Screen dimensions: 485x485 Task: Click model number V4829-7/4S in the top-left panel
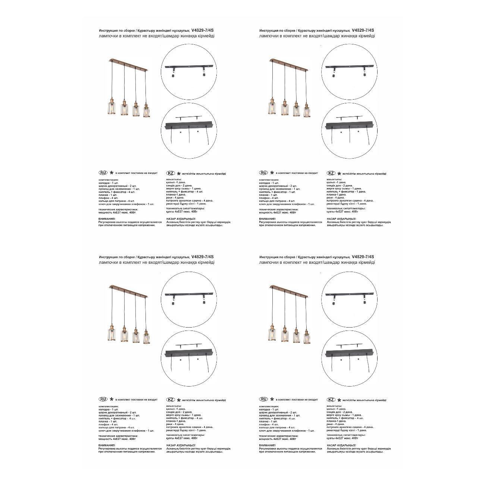(202, 31)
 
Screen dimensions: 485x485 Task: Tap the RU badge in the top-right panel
(263, 173)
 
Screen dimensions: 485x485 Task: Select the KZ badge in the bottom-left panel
(171, 400)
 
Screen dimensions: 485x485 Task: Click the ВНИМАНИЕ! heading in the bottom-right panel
(267, 445)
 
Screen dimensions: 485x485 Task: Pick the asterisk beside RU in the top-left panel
(111, 173)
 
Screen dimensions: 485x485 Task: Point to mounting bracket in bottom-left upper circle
(188, 294)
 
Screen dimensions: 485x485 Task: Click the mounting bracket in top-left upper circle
(188, 67)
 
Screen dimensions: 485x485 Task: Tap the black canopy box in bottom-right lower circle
(349, 353)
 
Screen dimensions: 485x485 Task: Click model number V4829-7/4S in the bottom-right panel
(363, 257)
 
